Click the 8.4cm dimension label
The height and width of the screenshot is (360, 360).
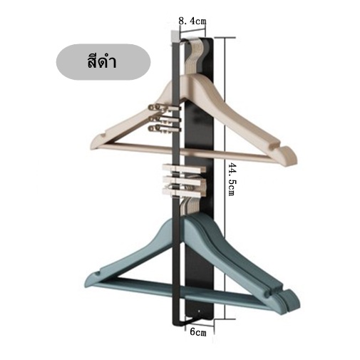click(192, 21)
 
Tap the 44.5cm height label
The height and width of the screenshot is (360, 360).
click(231, 179)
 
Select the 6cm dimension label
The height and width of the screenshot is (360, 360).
click(198, 332)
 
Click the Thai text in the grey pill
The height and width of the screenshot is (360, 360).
click(102, 62)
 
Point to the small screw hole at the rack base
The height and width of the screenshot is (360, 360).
click(199, 311)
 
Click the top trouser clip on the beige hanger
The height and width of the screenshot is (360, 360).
click(165, 108)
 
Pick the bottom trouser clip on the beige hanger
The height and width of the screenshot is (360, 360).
click(165, 128)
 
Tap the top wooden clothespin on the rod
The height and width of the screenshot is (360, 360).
click(184, 168)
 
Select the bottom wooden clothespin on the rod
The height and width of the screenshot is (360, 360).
click(183, 192)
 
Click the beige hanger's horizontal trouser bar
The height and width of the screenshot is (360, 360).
click(185, 151)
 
